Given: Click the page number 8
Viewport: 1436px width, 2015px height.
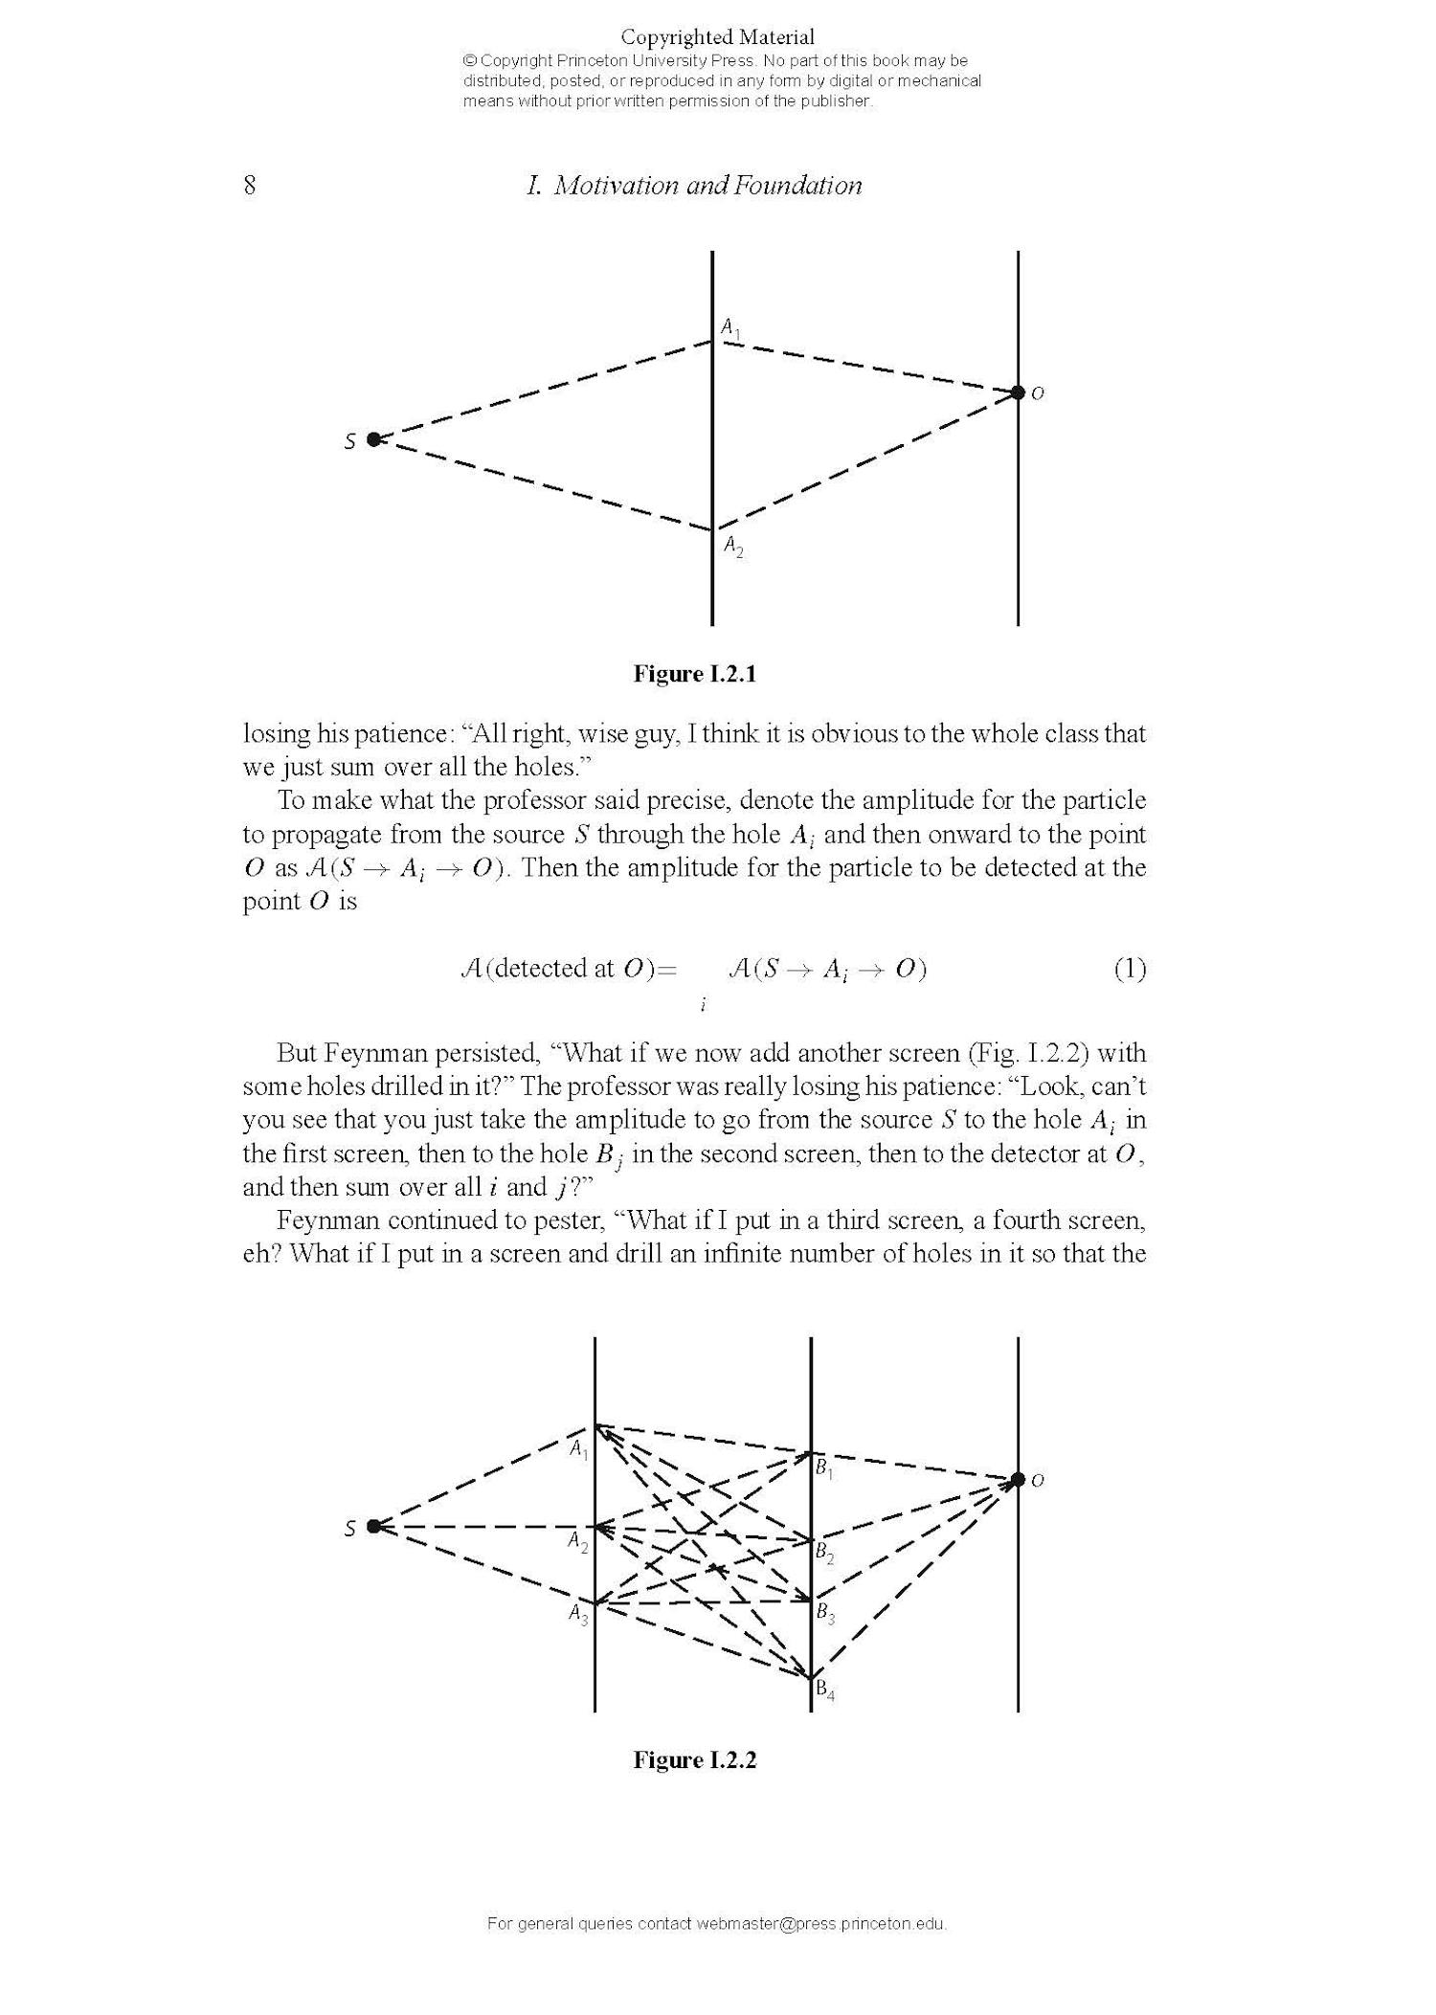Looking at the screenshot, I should tap(250, 185).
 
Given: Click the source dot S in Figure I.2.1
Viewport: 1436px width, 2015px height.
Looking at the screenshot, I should tap(373, 439).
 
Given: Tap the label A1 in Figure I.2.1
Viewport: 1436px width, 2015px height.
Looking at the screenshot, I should tap(730, 328).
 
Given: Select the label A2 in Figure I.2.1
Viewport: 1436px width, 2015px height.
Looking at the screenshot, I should tap(733, 547).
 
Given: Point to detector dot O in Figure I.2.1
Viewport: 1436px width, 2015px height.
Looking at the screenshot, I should tap(1018, 392).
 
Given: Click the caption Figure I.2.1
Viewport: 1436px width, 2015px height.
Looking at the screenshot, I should tap(694, 674).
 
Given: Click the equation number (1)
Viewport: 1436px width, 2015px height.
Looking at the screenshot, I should tap(1130, 970).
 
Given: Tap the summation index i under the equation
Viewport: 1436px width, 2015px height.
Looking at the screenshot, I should tap(704, 1004).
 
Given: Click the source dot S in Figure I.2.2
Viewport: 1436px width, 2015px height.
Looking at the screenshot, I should tap(373, 1526).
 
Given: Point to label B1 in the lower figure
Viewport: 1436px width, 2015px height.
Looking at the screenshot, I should tap(824, 1467).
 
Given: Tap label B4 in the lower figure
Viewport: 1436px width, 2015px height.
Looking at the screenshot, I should tap(824, 1691).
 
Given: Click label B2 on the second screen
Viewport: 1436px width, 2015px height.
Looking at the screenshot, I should tap(824, 1554).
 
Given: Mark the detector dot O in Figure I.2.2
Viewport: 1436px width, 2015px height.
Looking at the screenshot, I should tap(1018, 1480).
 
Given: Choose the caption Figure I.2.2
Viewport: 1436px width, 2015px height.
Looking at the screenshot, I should tap(694, 1760).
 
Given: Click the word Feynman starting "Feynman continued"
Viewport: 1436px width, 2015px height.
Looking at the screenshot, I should tap(329, 1220).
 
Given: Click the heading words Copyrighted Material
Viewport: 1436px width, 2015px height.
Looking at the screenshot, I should tap(718, 37).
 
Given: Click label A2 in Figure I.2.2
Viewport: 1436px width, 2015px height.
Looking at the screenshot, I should tap(577, 1542).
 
